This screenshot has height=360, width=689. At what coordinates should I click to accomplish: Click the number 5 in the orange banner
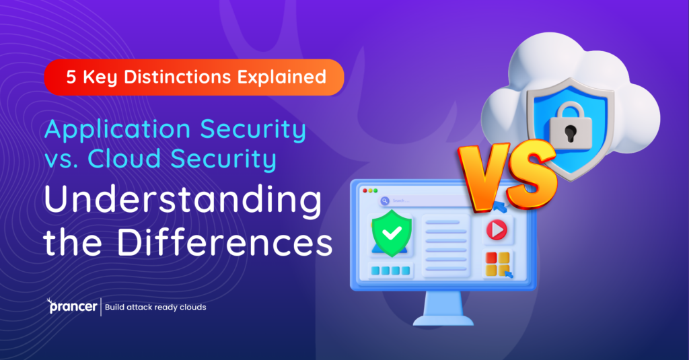pos(71,77)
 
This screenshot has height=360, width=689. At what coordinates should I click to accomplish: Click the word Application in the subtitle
pos(112,130)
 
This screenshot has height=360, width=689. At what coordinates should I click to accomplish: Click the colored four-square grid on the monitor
pos(497,263)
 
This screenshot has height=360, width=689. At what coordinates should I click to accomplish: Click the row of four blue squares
pos(390,271)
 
